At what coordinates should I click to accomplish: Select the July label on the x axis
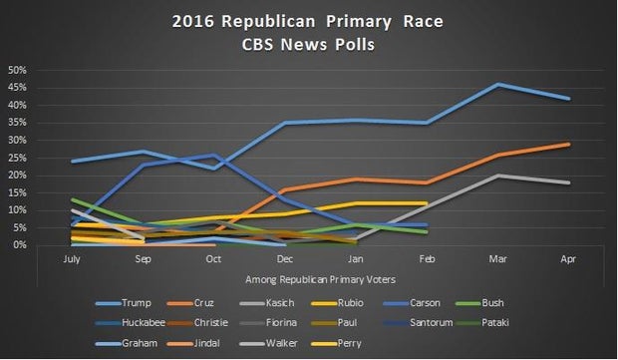(71, 256)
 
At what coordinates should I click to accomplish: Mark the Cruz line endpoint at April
(568, 144)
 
